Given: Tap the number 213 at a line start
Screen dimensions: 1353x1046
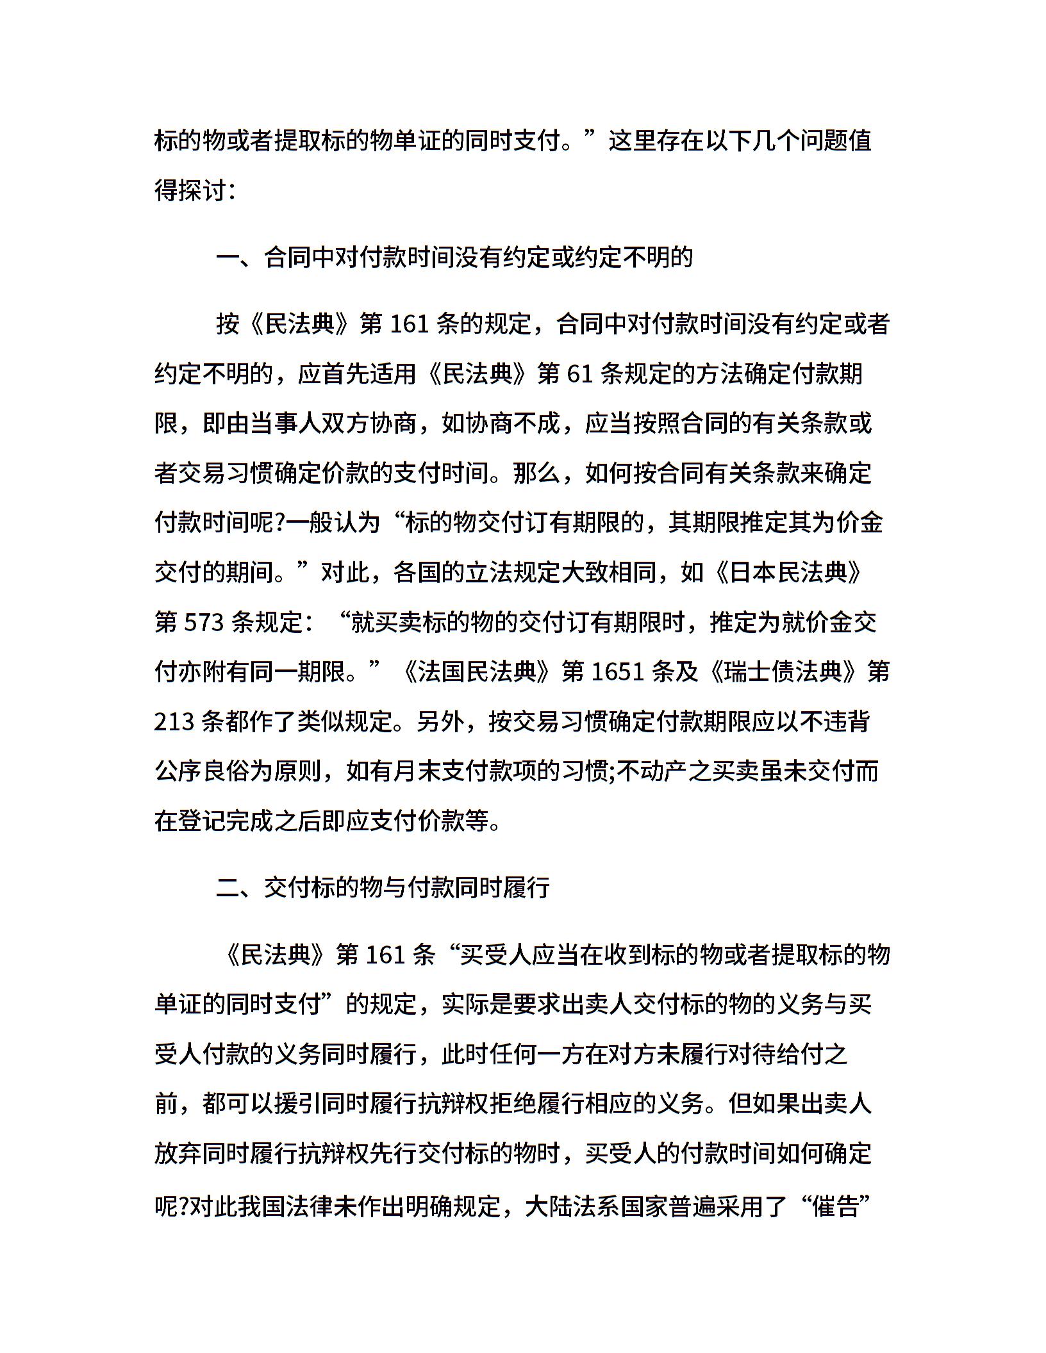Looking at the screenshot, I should pyautogui.click(x=174, y=722).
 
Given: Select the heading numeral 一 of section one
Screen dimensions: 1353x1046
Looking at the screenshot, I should pyautogui.click(x=228, y=258).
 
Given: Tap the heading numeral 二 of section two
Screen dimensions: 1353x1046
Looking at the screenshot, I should pyautogui.click(x=228, y=888).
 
